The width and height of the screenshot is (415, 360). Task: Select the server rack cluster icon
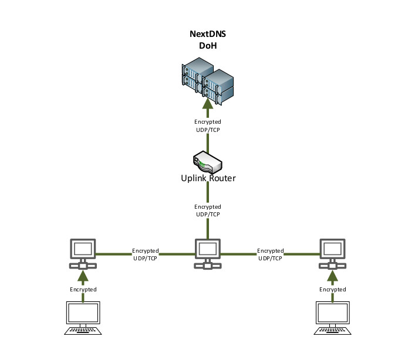pos(207,83)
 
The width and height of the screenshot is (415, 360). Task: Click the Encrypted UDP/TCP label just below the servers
pos(207,125)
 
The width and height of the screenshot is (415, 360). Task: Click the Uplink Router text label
pos(207,178)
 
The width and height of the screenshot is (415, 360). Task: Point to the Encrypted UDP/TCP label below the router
pos(207,210)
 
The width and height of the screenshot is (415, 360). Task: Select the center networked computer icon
pos(207,253)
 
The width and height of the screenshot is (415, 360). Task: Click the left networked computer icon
pos(83,253)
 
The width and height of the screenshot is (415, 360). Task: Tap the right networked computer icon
pos(332,253)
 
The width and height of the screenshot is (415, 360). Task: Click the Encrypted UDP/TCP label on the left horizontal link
pos(145,254)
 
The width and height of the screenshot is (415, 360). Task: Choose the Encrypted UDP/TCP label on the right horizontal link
pos(270,254)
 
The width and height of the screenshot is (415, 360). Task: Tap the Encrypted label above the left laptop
pos(83,290)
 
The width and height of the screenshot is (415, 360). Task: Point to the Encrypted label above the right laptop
pos(332,290)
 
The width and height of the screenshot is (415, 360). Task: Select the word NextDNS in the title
pos(207,35)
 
